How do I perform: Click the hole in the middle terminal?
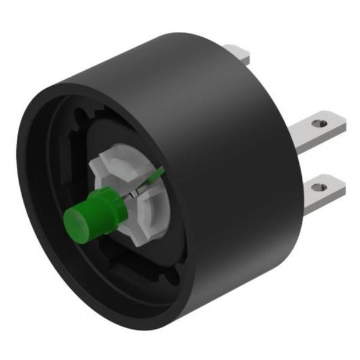click(x=317, y=124)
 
